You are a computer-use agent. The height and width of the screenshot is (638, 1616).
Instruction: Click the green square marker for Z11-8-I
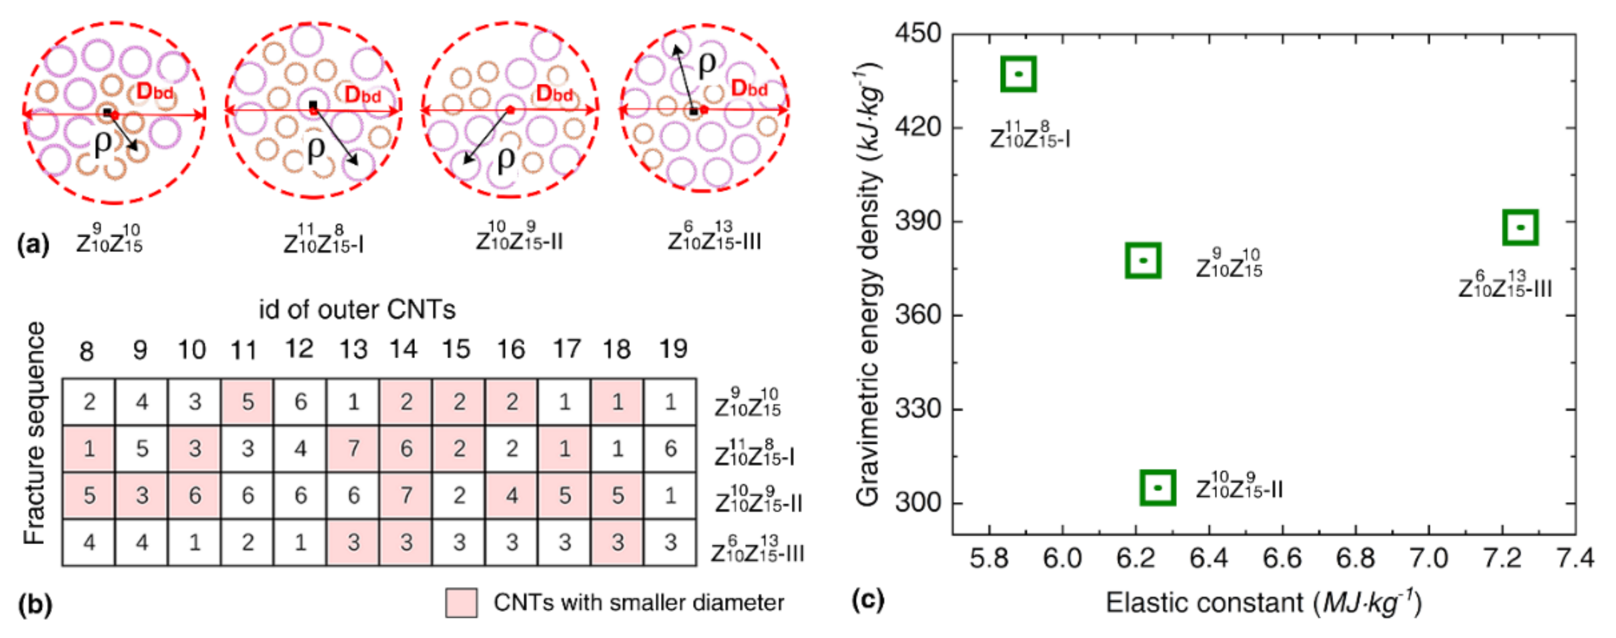click(x=1018, y=74)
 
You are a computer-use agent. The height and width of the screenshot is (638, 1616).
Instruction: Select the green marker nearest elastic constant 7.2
click(x=1520, y=227)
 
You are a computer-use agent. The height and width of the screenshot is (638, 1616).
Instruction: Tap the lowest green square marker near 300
click(x=1158, y=487)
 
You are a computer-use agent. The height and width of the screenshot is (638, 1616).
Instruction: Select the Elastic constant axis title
click(x=1263, y=602)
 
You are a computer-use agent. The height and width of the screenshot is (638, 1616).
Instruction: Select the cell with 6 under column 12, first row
click(x=301, y=402)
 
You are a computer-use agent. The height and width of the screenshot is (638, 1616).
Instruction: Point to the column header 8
click(x=87, y=351)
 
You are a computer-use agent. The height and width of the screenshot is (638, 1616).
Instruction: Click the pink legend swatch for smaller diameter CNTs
click(x=461, y=602)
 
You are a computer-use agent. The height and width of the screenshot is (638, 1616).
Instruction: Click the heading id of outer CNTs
click(x=357, y=309)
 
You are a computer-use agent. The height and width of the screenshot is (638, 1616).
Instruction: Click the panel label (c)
click(x=868, y=600)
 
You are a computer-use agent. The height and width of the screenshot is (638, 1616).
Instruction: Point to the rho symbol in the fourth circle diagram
click(x=706, y=63)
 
